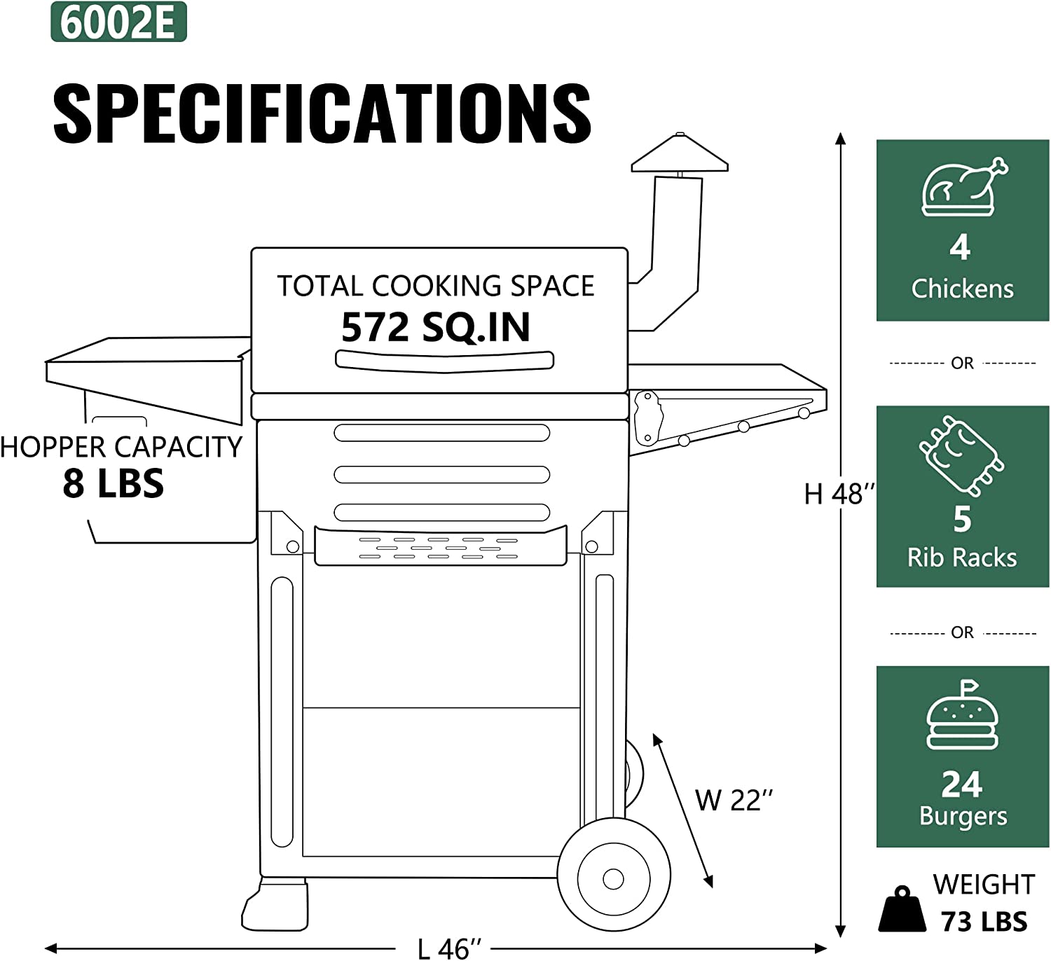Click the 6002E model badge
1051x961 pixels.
coord(118,22)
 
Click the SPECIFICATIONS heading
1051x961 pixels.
coord(322,113)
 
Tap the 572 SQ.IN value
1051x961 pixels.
coord(435,327)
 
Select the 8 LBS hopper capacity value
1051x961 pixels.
coord(114,483)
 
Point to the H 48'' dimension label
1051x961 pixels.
coord(838,495)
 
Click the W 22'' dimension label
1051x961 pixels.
coord(734,800)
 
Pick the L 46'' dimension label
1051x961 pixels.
coord(449,949)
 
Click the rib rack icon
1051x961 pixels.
coord(961,455)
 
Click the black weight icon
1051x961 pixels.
coord(902,911)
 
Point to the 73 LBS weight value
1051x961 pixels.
coord(984,922)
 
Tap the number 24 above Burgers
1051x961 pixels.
coord(961,784)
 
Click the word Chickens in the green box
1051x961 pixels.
coord(962,289)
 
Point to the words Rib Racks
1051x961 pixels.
coord(961,558)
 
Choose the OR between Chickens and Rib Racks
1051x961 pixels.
coord(962,363)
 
